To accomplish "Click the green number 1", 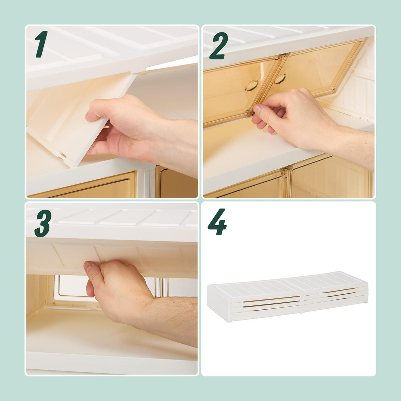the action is (x=42, y=44).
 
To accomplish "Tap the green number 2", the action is (x=219, y=46).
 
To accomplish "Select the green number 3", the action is (x=43, y=223).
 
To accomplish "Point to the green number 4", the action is (x=217, y=222).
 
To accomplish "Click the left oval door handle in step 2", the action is (x=252, y=86).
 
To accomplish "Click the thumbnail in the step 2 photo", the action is (x=258, y=109).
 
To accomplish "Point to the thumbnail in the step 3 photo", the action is (x=88, y=267).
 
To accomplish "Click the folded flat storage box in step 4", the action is (x=288, y=296).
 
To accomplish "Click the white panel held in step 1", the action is (x=81, y=119).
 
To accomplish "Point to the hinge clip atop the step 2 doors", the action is (x=283, y=56).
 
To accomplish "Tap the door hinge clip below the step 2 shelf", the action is (x=286, y=171).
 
